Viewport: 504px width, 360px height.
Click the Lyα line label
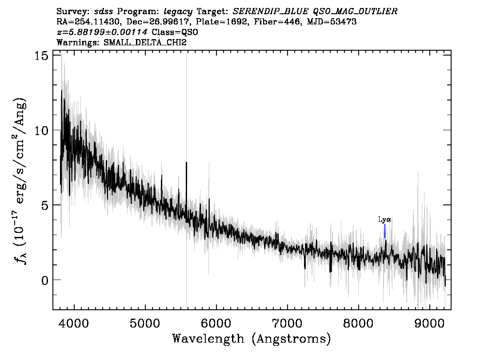[x=384, y=220]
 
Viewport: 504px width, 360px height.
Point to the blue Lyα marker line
[x=385, y=231]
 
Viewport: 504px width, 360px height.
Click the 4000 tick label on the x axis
[x=74, y=323]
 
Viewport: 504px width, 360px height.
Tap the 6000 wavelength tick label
[x=216, y=323]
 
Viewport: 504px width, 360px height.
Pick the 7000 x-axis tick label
[x=288, y=323]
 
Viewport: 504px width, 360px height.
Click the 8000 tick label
[x=358, y=323]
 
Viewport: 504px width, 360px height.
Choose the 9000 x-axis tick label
[x=429, y=323]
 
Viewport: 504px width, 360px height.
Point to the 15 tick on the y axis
[x=41, y=55]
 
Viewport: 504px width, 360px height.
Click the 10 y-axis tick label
[x=41, y=130]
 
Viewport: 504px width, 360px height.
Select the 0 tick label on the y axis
[x=45, y=280]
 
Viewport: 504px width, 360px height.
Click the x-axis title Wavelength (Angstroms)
[x=252, y=339]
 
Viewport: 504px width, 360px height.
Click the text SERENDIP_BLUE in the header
[x=271, y=12]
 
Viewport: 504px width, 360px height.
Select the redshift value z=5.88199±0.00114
[x=102, y=32]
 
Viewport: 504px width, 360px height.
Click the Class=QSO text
[x=175, y=32]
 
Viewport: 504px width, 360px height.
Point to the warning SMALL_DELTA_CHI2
[x=145, y=42]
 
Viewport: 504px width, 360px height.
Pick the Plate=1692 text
[x=222, y=22]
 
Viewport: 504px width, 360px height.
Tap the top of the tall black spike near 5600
[x=186, y=162]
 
